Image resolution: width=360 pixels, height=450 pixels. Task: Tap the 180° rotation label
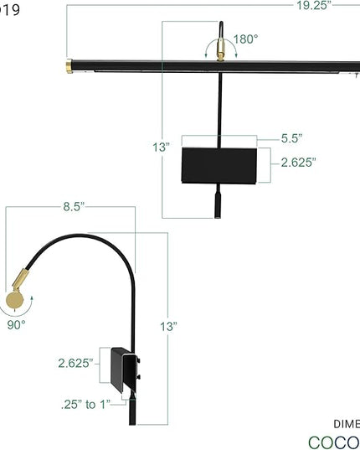[246, 39]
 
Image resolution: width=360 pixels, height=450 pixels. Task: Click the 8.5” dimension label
[75, 204]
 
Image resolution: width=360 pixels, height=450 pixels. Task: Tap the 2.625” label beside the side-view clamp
[75, 363]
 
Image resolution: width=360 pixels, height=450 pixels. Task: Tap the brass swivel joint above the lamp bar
[222, 52]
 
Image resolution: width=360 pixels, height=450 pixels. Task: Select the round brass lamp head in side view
[16, 300]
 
